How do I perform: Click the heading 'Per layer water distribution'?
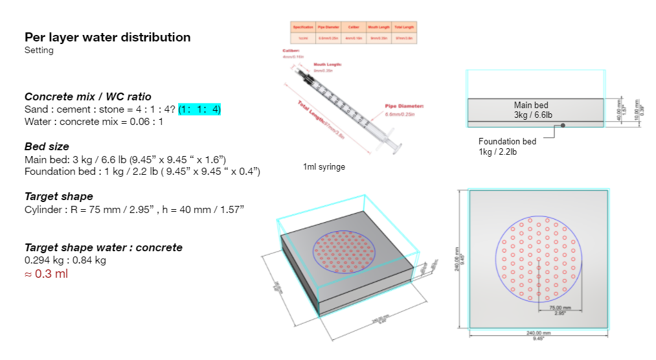[x=107, y=38]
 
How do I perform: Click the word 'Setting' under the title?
[x=39, y=51]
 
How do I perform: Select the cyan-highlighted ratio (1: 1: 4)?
[x=199, y=109]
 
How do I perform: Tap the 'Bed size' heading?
[x=47, y=146]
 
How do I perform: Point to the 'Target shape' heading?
[x=58, y=196]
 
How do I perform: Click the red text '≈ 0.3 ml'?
[x=46, y=274]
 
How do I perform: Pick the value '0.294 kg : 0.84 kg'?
[x=65, y=260]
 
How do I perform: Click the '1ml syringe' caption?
[x=324, y=167]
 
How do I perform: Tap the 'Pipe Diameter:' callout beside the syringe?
[x=404, y=106]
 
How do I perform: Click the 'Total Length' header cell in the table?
[x=403, y=27]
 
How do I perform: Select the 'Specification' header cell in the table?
[x=303, y=27]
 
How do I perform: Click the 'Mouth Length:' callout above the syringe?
[x=328, y=65]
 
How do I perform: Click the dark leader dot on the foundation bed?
[x=563, y=125]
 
